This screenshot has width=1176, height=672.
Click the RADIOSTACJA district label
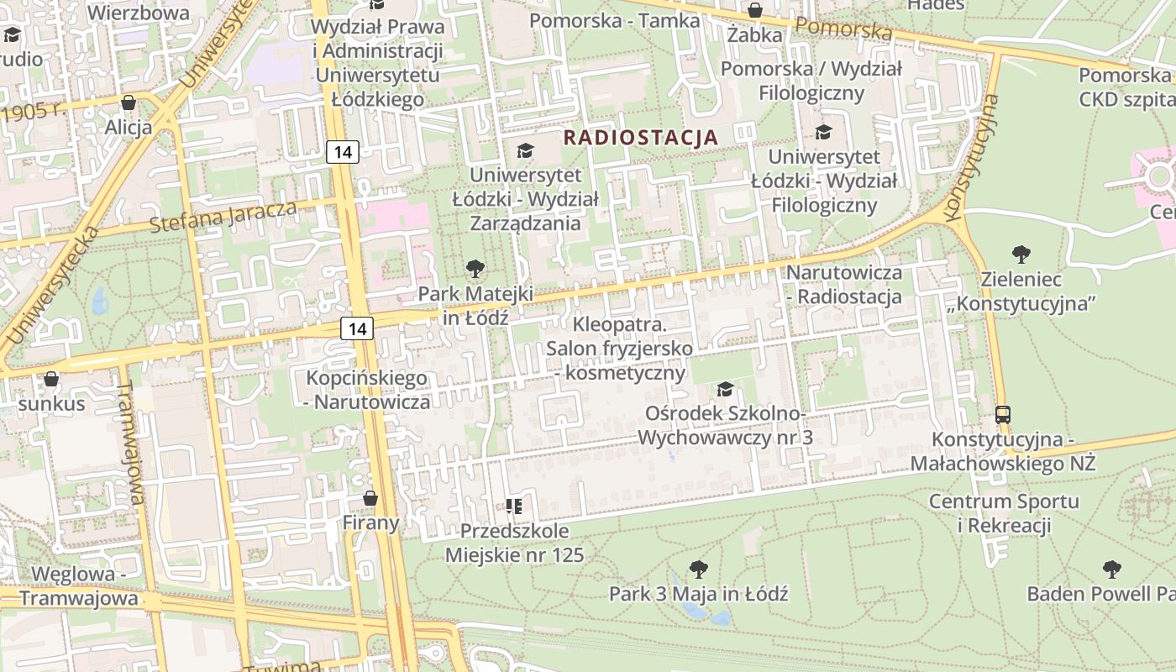tap(640, 137)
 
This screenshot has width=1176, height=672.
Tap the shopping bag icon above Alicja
tap(129, 103)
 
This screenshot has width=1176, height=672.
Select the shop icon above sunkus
tap(51, 379)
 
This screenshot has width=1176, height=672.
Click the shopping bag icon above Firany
tap(370, 498)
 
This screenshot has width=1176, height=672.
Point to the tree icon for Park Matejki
tap(475, 269)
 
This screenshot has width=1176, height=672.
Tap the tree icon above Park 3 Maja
tap(698, 569)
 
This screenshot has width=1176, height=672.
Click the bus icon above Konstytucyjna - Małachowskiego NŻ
tap(1003, 414)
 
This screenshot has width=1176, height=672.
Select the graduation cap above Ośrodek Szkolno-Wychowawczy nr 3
tap(725, 389)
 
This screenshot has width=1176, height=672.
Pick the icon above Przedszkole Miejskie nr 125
tap(514, 506)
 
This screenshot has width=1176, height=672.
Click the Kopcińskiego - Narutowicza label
tap(366, 390)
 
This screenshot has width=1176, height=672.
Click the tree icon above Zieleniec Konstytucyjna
tap(1021, 254)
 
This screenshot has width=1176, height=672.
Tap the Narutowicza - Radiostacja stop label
tap(843, 284)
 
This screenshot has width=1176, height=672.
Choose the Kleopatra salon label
tap(619, 348)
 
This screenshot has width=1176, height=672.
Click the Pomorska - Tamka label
tap(615, 20)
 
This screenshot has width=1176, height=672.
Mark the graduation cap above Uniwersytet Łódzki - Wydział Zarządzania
tap(525, 150)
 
